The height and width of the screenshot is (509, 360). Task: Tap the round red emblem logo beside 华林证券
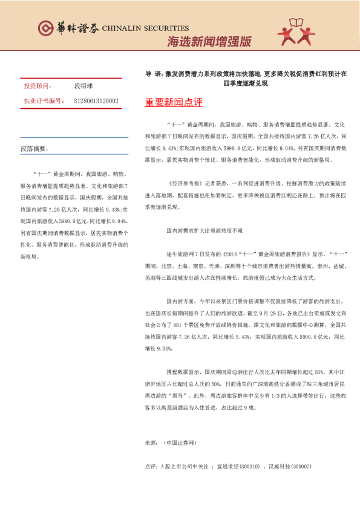[x=45, y=28]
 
